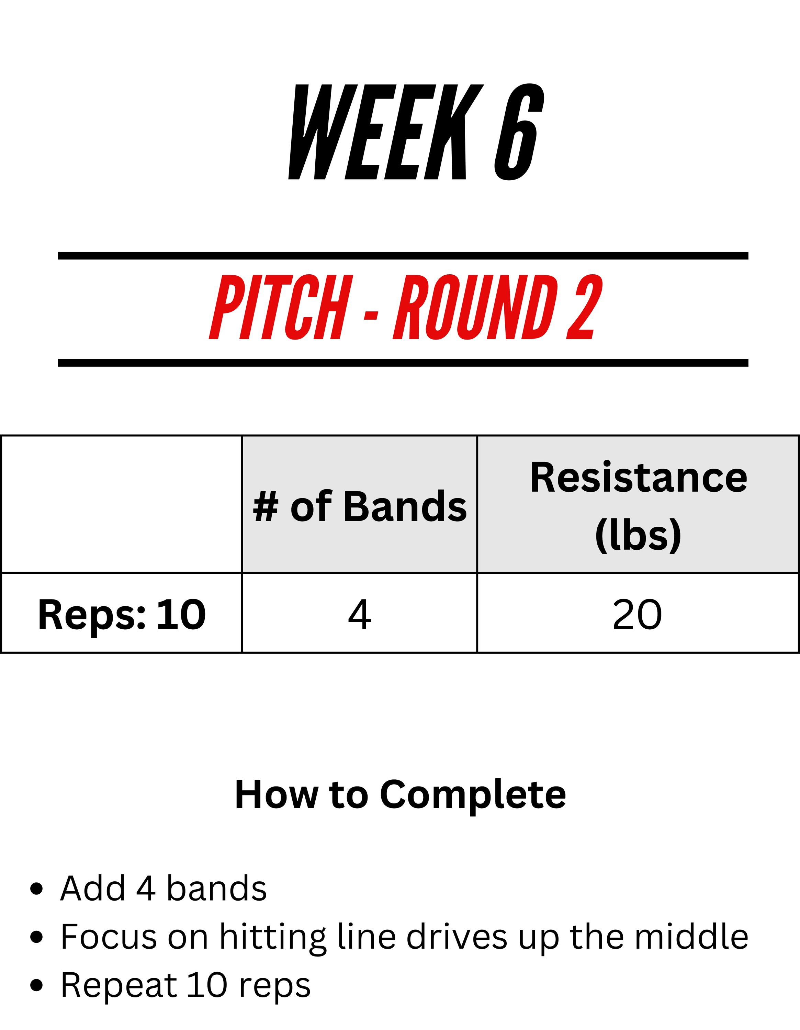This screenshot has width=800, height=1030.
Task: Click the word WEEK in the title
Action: pos(386,132)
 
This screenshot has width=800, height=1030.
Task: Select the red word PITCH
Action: pos(281,307)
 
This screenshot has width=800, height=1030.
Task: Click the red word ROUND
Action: pos(475,307)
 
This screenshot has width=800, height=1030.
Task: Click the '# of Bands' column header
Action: pos(359,506)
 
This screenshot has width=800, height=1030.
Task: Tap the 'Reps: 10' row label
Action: pos(122,615)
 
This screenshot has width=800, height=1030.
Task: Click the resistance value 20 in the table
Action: pos(637,615)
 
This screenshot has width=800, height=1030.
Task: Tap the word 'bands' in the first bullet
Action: pos(217,888)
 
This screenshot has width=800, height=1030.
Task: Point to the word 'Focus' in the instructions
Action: pos(109,937)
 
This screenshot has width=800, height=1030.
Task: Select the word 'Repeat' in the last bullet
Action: pos(119,986)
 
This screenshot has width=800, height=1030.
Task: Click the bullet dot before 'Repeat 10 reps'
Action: pos(36,985)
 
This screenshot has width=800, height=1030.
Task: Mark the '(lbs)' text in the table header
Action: pos(638,535)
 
